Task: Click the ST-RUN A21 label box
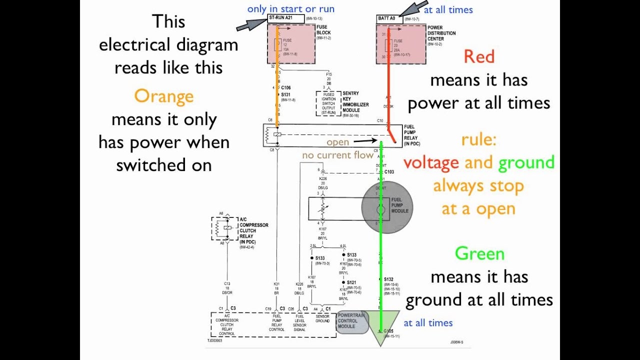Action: (x=286, y=19)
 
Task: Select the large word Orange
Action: (x=163, y=96)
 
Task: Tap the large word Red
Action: (x=478, y=56)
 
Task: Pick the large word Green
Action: (x=479, y=253)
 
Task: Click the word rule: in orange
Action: (x=478, y=139)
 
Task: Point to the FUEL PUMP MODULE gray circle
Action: (x=387, y=207)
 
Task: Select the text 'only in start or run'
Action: (x=290, y=9)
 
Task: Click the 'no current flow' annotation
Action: (x=337, y=155)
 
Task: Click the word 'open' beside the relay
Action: (x=337, y=142)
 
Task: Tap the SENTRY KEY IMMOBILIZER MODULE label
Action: (x=355, y=102)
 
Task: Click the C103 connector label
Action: (x=388, y=171)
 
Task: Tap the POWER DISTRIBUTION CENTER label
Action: (x=441, y=33)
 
